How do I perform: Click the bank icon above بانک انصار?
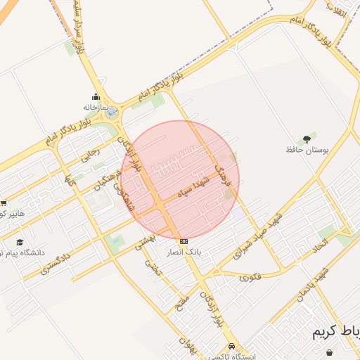pos(184,241)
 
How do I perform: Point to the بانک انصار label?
pos(186,251)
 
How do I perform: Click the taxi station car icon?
pos(231,347)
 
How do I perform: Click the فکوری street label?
pos(250,276)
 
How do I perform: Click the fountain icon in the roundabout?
pos(112,111)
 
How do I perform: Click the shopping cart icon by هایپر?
pos(4,203)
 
